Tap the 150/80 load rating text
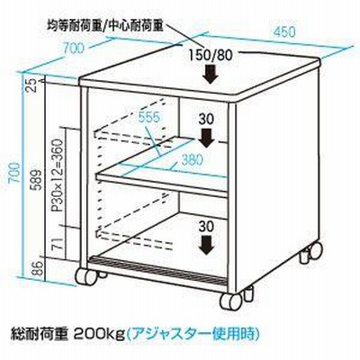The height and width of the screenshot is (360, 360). pos(211,55)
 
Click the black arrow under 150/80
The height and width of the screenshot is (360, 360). pos(210,75)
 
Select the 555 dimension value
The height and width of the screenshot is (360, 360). pos(149,117)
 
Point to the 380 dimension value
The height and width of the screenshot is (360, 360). pos(193,160)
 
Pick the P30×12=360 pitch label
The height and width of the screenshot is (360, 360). pos(57,175)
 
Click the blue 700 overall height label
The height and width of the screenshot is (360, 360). pos(14,173)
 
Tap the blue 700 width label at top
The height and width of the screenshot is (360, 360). pos(74,48)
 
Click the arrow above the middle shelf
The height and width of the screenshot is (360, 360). pos(206,138)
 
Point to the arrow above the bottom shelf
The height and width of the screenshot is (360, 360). pos(207,246)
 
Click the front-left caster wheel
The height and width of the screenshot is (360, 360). pos(86,276)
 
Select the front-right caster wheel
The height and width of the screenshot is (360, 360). pos(231,301)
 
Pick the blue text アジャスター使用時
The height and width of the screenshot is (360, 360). pos(192,334)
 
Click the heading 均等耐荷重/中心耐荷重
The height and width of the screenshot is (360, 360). pos(105,26)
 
